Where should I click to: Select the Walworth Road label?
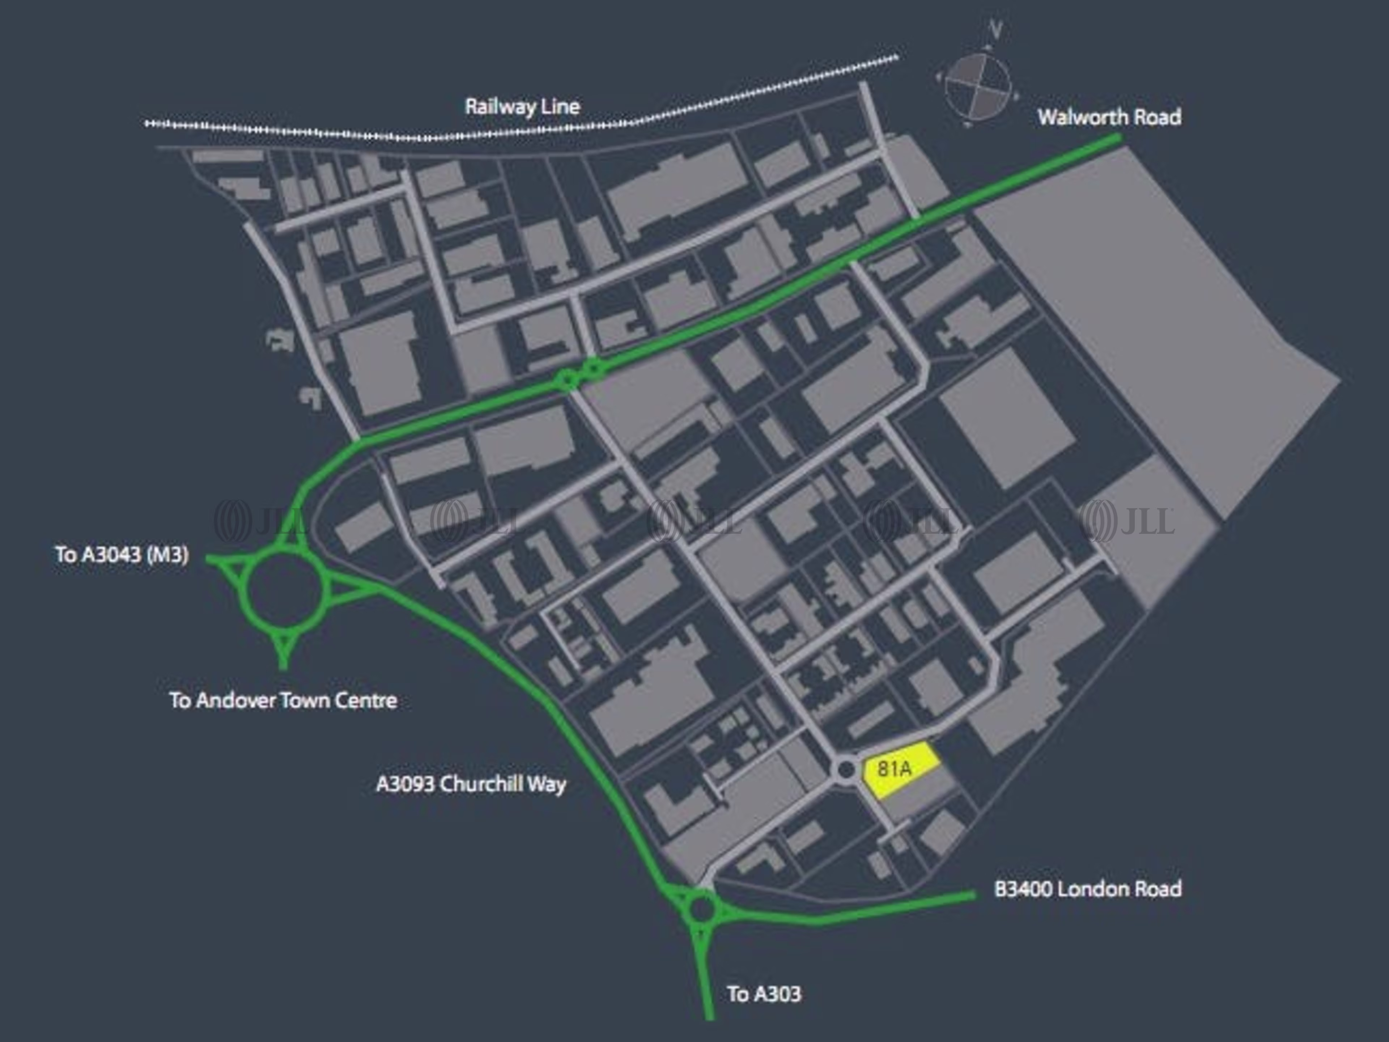coord(1109,117)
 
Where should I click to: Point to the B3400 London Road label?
coord(1088,889)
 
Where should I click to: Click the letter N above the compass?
coord(994,29)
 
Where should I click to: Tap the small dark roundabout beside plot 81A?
coord(845,770)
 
